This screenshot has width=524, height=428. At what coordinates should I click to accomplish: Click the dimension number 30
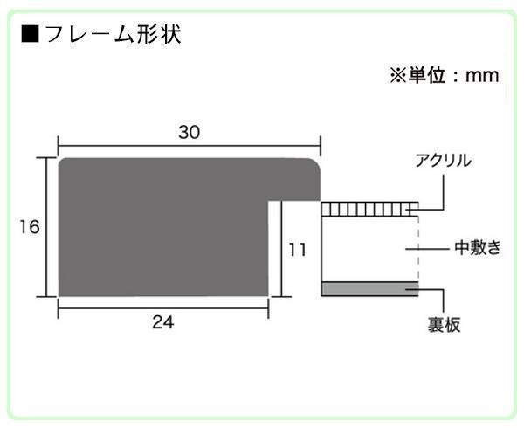pos(190,132)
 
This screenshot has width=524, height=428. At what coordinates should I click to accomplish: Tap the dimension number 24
pos(163,322)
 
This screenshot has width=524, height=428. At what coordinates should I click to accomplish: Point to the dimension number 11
pos(298,249)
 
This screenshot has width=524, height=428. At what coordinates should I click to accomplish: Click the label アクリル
pos(444,161)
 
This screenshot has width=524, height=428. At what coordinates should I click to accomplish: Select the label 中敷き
pos(477,248)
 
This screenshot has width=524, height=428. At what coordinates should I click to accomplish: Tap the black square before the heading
pos(30,36)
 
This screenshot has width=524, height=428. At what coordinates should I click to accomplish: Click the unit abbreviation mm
pos(480,75)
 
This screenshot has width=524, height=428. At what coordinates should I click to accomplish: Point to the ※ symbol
pos(397,75)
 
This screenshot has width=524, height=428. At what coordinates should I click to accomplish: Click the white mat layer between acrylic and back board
pos(367,248)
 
